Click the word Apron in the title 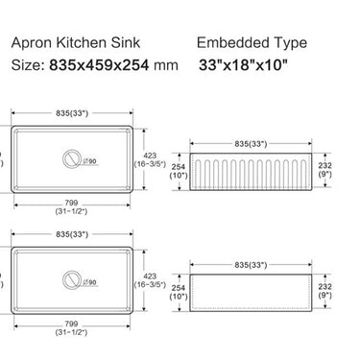30,43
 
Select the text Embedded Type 252,43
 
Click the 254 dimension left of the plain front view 177,289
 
